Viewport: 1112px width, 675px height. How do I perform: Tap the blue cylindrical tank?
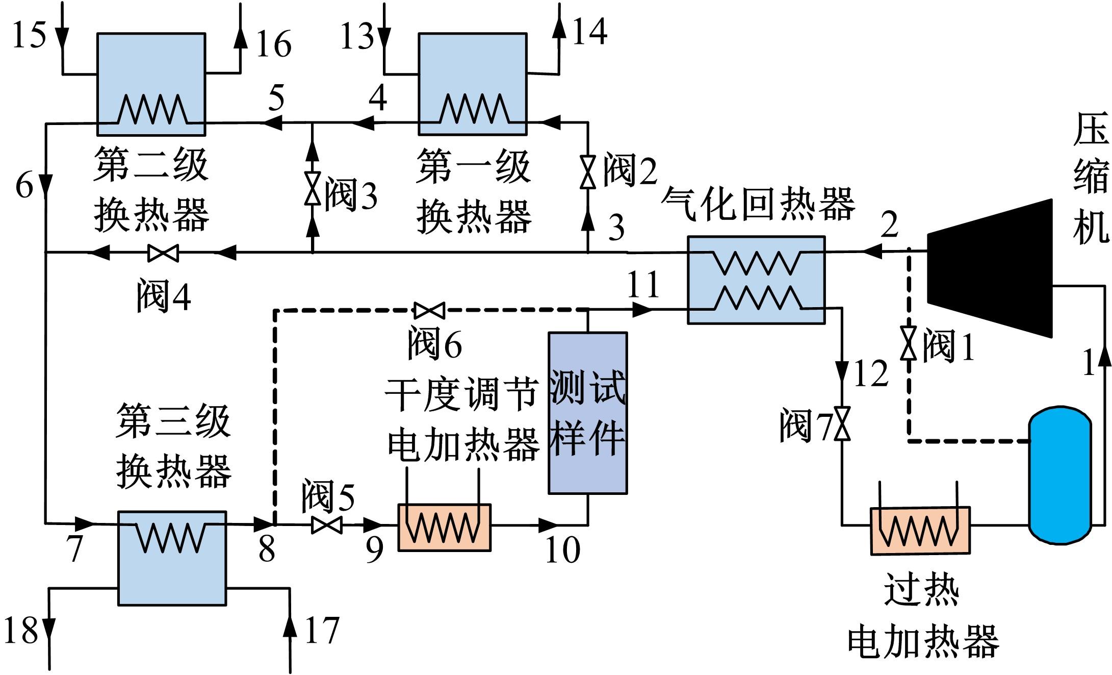(1059, 474)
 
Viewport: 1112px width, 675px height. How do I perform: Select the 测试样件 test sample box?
(587, 413)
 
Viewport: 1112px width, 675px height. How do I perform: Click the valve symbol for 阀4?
(163, 253)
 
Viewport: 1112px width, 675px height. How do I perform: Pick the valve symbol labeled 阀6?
(429, 310)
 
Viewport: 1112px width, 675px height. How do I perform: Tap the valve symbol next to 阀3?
(313, 188)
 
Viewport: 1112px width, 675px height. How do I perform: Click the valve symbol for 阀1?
(908, 343)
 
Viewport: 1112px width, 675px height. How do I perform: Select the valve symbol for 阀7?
(842, 423)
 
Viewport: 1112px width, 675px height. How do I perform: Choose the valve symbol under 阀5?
(326, 525)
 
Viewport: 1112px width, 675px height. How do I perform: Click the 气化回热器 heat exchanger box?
(756, 280)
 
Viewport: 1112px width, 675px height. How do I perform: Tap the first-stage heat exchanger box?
(472, 84)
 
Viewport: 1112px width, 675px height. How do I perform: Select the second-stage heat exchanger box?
(151, 84)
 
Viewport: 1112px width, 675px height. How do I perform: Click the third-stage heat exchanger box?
(172, 558)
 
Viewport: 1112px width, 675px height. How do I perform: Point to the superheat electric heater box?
(920, 531)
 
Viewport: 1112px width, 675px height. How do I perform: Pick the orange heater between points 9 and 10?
(444, 528)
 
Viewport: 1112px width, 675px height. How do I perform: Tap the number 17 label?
(322, 631)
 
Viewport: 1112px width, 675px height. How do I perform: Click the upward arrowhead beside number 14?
(560, 28)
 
